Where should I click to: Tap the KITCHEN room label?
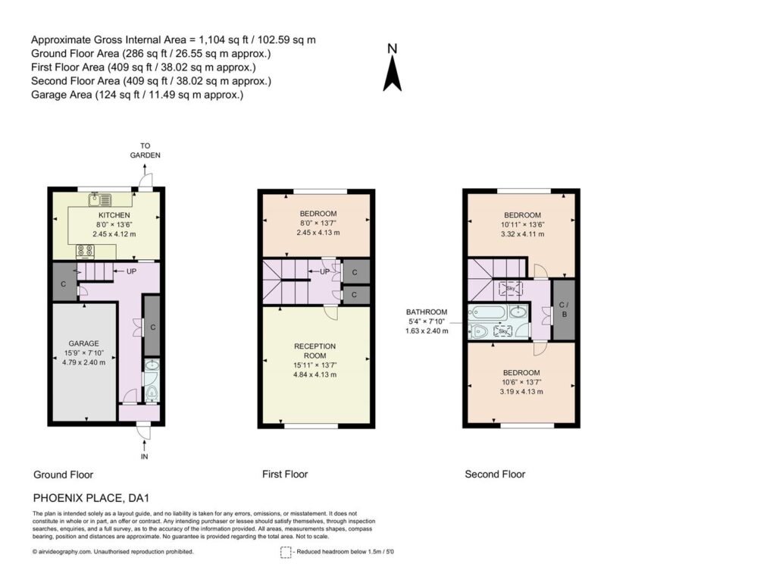(x=114, y=215)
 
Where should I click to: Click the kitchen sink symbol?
(x=101, y=200)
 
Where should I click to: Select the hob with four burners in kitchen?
(x=85, y=252)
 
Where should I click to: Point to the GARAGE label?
(x=83, y=343)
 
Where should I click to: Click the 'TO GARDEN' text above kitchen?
(x=145, y=150)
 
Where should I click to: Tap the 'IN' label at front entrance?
(x=145, y=456)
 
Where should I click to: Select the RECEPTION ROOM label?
(x=314, y=351)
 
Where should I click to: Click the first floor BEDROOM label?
(x=318, y=214)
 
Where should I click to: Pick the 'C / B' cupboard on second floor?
(x=564, y=310)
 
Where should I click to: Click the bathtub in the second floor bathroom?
(x=488, y=313)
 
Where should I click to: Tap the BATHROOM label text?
(x=427, y=312)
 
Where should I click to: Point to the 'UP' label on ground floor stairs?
(x=131, y=271)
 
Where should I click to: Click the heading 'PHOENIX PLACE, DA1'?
(x=91, y=498)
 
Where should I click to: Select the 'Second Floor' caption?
(x=495, y=474)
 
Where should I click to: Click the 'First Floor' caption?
(x=285, y=474)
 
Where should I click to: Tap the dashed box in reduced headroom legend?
(x=286, y=553)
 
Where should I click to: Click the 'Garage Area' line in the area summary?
(x=137, y=95)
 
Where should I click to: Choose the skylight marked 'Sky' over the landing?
(x=511, y=289)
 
